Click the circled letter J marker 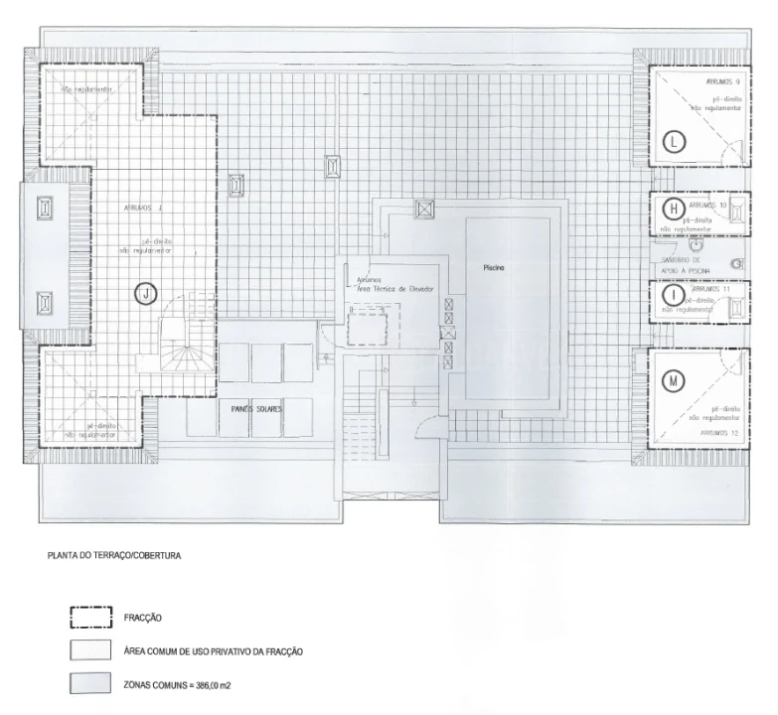click(146, 293)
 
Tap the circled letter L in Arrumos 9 click(675, 141)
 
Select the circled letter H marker click(674, 209)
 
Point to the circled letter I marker click(674, 295)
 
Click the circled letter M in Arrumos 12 click(675, 380)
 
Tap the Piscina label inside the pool click(496, 267)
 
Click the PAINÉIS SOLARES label click(256, 407)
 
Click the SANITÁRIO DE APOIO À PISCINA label click(685, 264)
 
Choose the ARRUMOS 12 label click(720, 433)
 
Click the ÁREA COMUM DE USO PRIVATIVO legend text click(213, 651)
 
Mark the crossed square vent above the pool click(424, 209)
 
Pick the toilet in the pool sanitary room click(735, 264)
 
